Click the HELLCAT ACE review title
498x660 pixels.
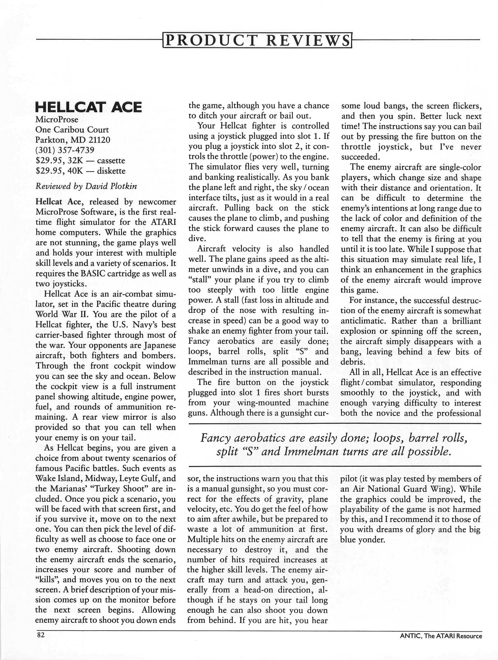88,107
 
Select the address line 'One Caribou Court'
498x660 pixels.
72,130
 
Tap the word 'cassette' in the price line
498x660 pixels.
111,160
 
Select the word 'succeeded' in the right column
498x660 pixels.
361,157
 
